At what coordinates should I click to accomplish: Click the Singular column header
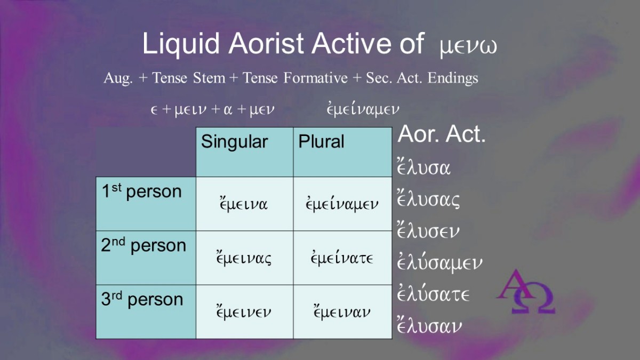234,142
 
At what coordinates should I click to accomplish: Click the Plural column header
321,141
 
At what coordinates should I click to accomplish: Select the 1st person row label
142,191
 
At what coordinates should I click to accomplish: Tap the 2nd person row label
143,245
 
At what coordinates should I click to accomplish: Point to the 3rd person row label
142,299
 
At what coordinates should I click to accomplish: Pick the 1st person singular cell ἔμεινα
244,203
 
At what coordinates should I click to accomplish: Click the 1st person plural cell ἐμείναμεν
342,203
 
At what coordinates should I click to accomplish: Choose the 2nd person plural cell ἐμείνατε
342,257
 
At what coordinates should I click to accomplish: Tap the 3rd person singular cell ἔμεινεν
244,311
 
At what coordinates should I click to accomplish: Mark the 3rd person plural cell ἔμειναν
342,311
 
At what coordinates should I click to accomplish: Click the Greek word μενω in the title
469,47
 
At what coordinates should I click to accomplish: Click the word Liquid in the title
181,43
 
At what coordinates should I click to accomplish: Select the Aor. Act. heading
442,134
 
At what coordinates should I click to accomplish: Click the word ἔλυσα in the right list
423,167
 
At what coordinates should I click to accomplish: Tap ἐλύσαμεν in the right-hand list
439,262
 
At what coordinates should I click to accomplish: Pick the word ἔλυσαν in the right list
429,326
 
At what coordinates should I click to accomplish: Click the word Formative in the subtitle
315,78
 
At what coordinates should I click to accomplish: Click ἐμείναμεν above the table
363,109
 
